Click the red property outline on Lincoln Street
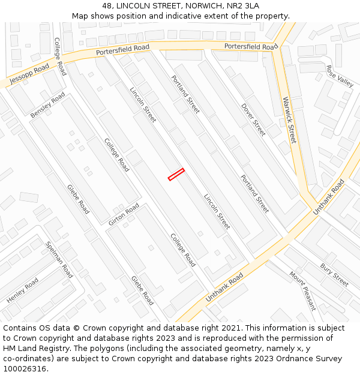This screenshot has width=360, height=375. coord(176,174)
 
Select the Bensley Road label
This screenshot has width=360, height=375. coord(47,105)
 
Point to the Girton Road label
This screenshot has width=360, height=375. coord(124,214)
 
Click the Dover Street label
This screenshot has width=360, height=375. coord(253,119)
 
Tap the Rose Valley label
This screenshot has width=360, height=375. coord(340,77)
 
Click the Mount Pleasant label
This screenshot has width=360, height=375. coord(303,291)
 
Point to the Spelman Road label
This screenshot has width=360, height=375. coord(59,259)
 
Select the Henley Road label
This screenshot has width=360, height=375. coord(23,290)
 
